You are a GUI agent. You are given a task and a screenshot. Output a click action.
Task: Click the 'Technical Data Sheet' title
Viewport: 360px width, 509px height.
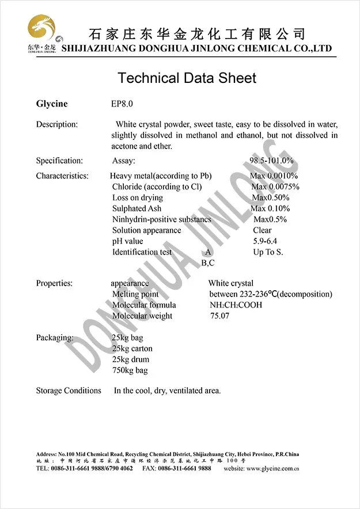(x=187, y=78)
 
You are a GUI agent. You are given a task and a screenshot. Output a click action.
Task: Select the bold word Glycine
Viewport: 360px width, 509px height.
(x=52, y=104)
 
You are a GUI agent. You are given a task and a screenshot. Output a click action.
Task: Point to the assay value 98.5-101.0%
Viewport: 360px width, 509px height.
(x=271, y=161)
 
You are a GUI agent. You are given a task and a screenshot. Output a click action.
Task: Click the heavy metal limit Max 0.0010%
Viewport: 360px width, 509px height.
(x=274, y=176)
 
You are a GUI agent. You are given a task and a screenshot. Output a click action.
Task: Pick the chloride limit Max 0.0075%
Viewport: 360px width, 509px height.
(x=275, y=187)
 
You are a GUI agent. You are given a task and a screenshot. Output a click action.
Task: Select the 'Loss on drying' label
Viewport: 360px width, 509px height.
(x=138, y=197)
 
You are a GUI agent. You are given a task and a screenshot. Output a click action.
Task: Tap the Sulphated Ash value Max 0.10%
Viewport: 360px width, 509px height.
(x=270, y=208)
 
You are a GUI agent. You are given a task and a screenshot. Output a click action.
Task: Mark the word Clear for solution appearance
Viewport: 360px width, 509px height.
(x=262, y=230)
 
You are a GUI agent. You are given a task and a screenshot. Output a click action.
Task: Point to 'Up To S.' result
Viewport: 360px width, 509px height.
(x=268, y=252)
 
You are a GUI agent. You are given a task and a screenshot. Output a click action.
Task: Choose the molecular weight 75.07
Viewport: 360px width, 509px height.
(x=219, y=316)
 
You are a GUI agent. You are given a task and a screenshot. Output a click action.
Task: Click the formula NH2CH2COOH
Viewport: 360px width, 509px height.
(x=236, y=305)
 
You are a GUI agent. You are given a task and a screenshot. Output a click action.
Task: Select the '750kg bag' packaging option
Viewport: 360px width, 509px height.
(x=130, y=370)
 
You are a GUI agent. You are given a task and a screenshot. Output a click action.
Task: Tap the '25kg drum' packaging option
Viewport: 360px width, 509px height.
(x=131, y=359)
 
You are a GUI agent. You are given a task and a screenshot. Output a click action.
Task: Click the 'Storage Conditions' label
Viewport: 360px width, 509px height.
(x=69, y=390)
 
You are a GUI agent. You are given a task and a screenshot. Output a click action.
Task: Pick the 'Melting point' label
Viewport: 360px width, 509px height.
(x=135, y=294)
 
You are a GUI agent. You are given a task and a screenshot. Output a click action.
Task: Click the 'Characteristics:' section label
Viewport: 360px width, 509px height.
(x=62, y=176)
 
